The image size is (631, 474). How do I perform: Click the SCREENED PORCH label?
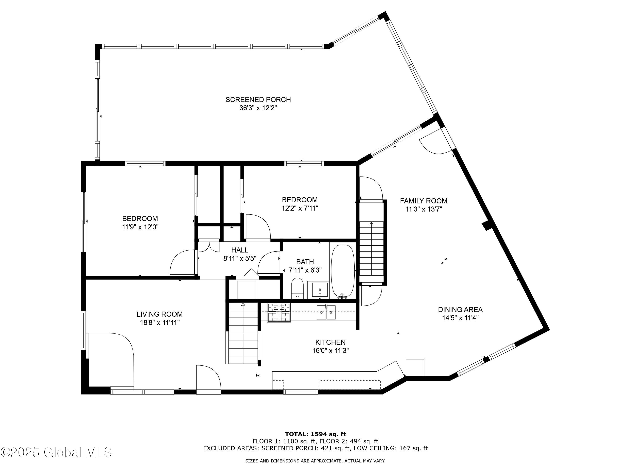(258, 100)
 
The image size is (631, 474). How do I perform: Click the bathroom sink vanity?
(318, 290)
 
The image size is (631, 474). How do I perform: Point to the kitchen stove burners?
(278, 312)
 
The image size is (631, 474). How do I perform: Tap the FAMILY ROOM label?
(423, 201)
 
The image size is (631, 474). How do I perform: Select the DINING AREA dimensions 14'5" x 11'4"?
(460, 318)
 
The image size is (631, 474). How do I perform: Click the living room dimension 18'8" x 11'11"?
(159, 323)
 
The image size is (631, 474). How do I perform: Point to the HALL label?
(240, 250)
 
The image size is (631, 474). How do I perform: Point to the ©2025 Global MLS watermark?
(56, 452)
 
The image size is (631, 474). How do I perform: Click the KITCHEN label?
(330, 342)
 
